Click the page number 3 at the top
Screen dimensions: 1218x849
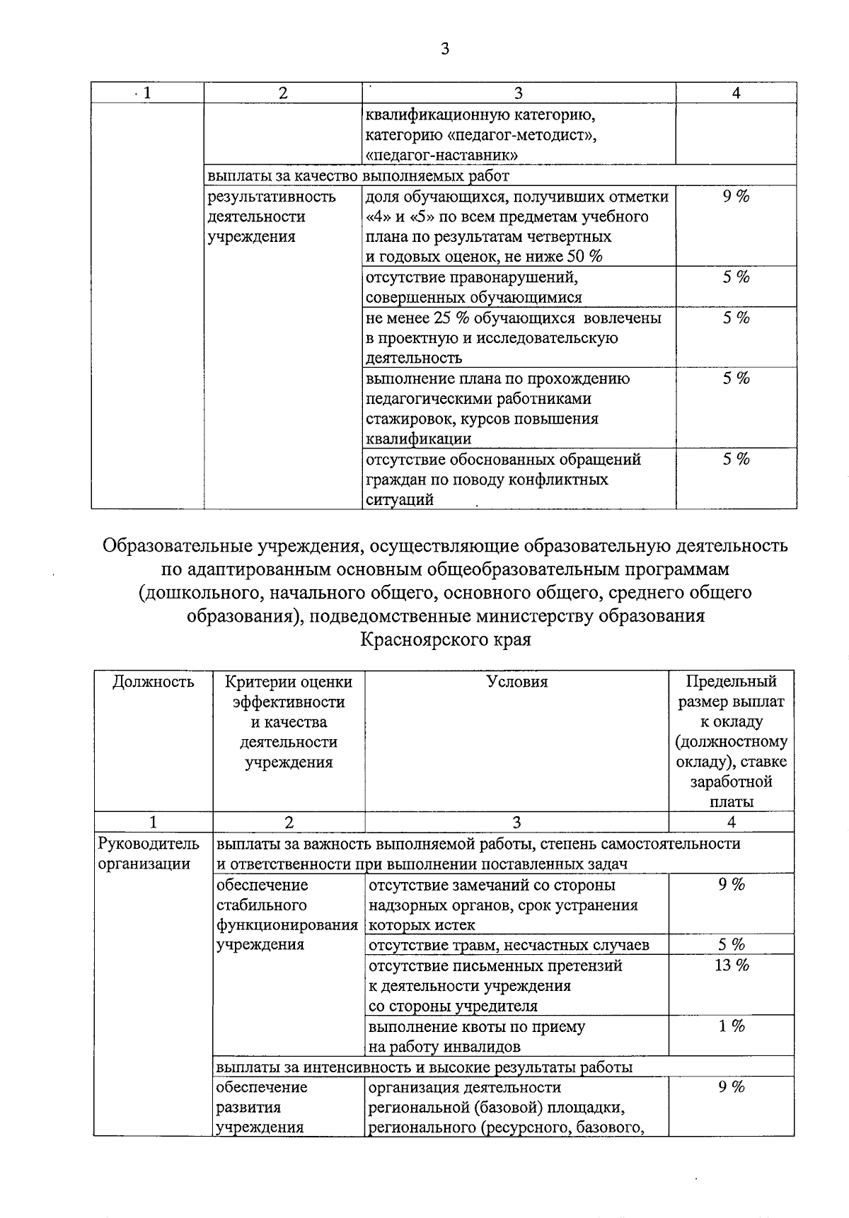coord(444,49)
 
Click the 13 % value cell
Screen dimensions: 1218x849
coord(732,965)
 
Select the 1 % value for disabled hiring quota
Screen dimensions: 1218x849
coord(732,1026)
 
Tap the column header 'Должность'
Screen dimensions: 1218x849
coord(154,682)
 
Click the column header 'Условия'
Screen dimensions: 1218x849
coord(517,682)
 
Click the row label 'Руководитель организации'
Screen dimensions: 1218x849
coord(149,854)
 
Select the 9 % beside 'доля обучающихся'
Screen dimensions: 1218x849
coord(736,197)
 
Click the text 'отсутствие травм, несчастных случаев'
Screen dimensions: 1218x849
coord(509,945)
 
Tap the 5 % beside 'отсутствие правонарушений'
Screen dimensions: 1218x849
coord(736,277)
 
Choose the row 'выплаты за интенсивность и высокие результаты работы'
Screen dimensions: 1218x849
coord(424,1067)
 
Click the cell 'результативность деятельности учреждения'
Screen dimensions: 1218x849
coord(271,216)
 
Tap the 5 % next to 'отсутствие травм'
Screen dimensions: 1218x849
coord(732,945)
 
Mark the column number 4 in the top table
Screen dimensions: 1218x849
coord(736,93)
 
